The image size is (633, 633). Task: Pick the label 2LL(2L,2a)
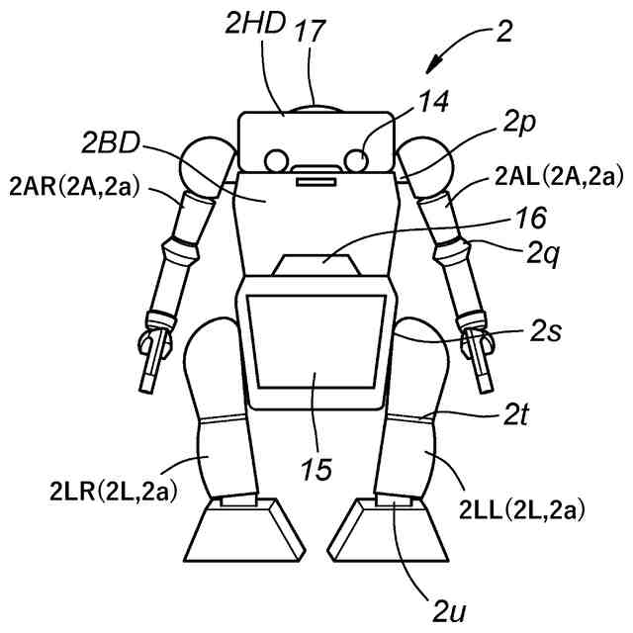[521, 510]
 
